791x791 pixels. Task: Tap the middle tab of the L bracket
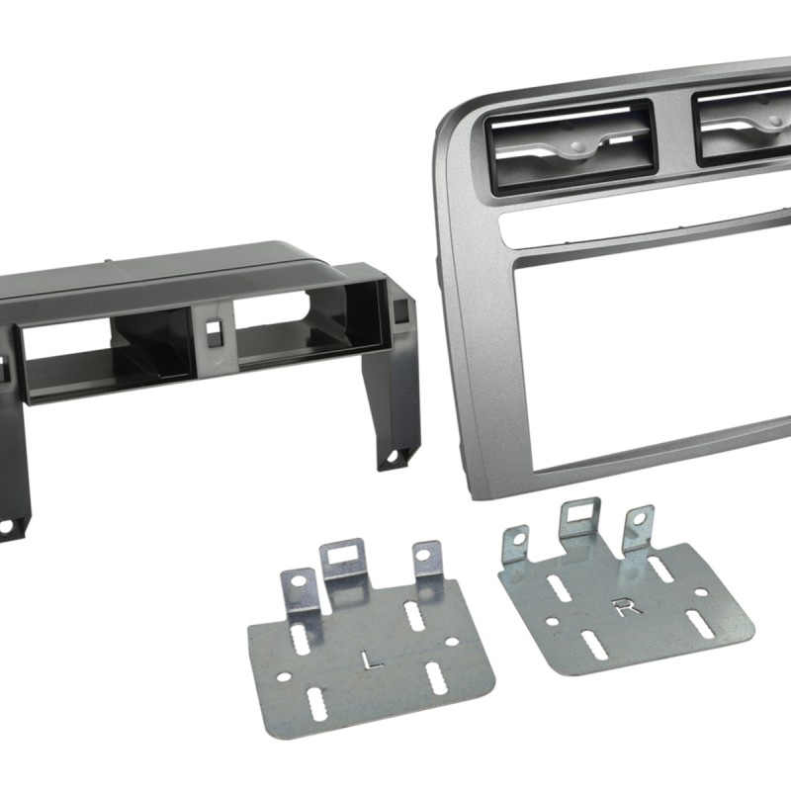pyautogui.click(x=346, y=559)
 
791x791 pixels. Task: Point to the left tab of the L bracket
pyautogui.click(x=297, y=589)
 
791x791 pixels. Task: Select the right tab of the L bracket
pyautogui.click(x=427, y=560)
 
